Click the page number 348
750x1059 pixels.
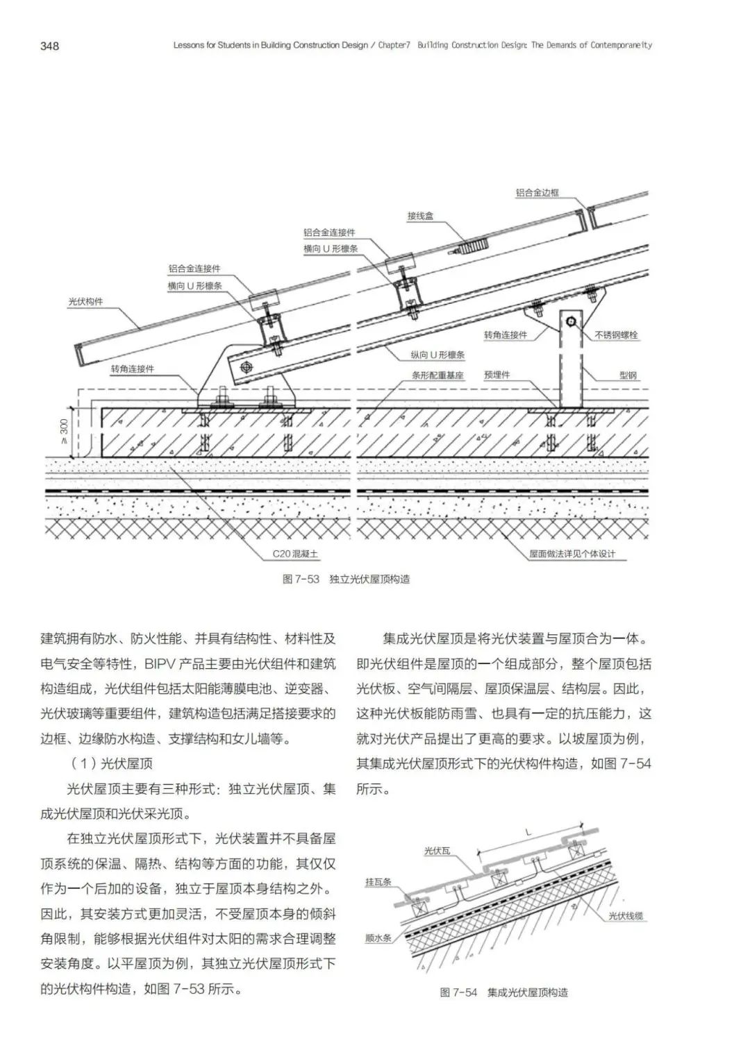coord(50,46)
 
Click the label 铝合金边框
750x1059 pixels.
coord(537,193)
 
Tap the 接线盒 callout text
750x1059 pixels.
coord(420,217)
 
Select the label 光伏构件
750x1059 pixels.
coord(85,302)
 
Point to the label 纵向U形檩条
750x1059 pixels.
coord(437,355)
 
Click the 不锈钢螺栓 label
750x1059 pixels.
coord(616,335)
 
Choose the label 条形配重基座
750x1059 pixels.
coord(437,375)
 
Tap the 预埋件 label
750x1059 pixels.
coord(497,375)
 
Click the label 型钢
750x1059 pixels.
coord(628,375)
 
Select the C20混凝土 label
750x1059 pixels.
coord(295,554)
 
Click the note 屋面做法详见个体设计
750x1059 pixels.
coord(572,554)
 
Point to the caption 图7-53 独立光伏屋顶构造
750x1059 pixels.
coord(346,579)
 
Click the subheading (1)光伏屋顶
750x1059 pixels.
coord(112,763)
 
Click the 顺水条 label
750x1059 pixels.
coord(378,938)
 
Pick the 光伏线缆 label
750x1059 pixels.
coord(626,916)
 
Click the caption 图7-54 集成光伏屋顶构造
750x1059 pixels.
coord(503,992)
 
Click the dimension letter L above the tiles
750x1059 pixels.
coord(529,831)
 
